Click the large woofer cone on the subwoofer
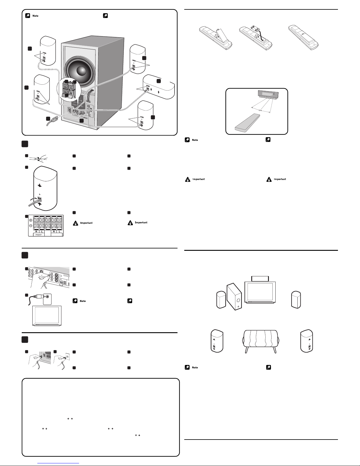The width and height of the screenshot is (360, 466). (80, 71)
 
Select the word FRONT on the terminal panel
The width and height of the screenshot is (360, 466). (38, 235)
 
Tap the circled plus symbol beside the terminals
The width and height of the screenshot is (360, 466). (31, 220)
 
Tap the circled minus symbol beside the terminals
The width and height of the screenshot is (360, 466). (31, 226)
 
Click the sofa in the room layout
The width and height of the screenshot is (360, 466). (261, 341)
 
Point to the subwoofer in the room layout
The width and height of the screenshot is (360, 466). (234, 296)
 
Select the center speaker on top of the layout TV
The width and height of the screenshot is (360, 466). (260, 279)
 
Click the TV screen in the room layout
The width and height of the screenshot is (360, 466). (260, 292)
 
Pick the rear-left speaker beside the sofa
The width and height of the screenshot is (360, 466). (217, 341)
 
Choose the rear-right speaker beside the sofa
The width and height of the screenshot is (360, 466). (307, 341)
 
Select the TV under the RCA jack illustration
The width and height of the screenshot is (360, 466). (47, 316)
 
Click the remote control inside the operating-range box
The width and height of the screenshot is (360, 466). (247, 122)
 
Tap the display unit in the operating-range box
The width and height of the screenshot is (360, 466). (268, 94)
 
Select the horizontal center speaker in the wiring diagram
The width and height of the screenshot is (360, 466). (159, 87)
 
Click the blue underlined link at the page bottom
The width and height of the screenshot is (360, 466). (58, 463)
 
